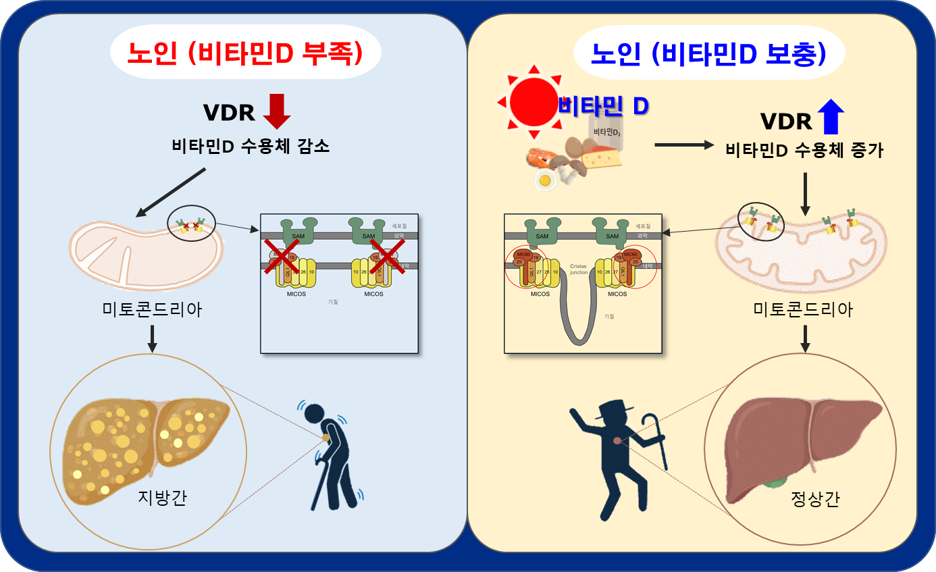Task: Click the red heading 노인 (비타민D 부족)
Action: pyautogui.click(x=245, y=53)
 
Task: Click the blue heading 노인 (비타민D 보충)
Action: pyautogui.click(x=708, y=53)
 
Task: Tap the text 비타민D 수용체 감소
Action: pyautogui.click(x=251, y=146)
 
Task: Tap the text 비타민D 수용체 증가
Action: pyautogui.click(x=804, y=150)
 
